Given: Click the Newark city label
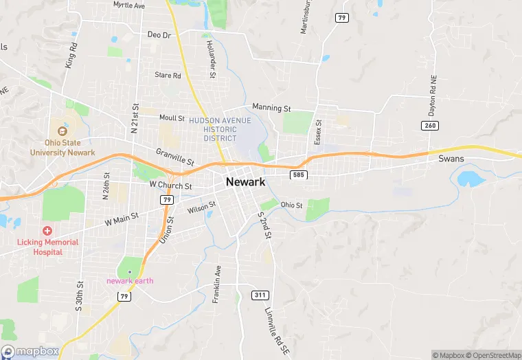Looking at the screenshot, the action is click(245, 182).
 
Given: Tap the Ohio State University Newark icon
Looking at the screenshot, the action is click(63, 131).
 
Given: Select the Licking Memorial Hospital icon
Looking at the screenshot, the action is click(47, 231).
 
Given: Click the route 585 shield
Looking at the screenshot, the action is click(297, 175).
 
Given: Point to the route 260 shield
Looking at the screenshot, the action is click(430, 125).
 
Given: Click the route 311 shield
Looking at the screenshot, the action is click(260, 295).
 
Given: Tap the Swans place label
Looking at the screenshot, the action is click(451, 159).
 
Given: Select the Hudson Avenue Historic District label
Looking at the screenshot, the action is click(220, 129).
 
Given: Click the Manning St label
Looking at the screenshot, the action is click(272, 108).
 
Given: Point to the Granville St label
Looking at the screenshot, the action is click(175, 157).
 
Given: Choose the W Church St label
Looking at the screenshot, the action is click(170, 185).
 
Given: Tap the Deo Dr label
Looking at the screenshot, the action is click(158, 34).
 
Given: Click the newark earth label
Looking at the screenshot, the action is click(130, 280).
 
